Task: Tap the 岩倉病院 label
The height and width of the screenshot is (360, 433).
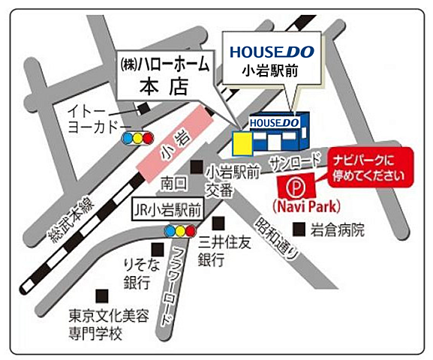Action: pos(339,229)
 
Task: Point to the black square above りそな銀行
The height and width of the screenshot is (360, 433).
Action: pos(158,248)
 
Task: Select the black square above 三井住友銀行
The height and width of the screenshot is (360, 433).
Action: pos(218,223)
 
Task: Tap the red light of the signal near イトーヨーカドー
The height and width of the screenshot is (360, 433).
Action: pos(149,138)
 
